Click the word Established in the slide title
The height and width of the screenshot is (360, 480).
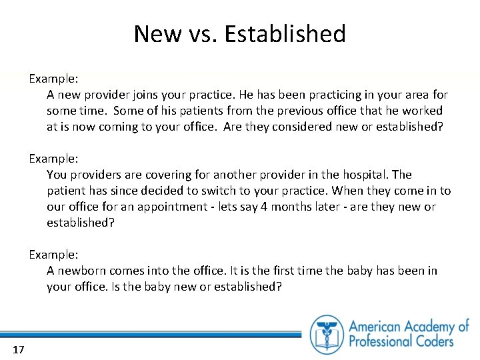pos(285,33)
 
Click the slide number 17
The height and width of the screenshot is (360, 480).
pos(18,349)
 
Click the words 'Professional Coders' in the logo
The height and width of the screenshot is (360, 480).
pos(401,341)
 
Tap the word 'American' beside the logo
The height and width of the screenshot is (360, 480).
pos(382,326)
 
